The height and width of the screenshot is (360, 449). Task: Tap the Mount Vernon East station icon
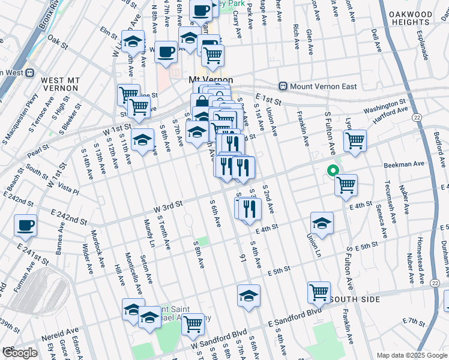pyautogui.click(x=283, y=86)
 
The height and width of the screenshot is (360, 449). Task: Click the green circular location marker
pyautogui.click(x=331, y=171)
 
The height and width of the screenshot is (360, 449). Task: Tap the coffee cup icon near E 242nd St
pyautogui.click(x=26, y=226)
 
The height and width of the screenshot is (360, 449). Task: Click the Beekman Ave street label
pyautogui.click(x=409, y=163)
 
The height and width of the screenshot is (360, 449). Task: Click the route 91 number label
pyautogui.click(x=243, y=258)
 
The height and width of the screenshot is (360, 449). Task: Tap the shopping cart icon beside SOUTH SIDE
pyautogui.click(x=319, y=293)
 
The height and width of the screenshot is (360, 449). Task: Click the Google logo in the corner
pyautogui.click(x=19, y=353)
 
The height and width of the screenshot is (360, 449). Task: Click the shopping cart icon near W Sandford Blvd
pyautogui.click(x=193, y=324)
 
